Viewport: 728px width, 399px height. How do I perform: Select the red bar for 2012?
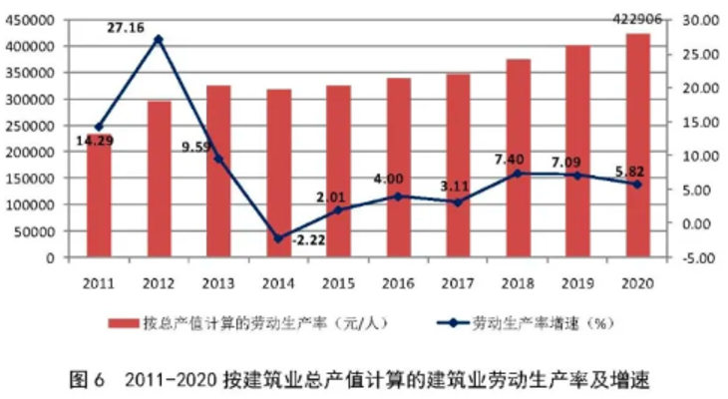click(160, 180)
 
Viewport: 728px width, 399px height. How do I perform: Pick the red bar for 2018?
click(519, 159)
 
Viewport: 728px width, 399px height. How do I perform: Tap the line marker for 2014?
click(279, 238)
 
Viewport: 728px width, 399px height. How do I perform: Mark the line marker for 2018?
click(519, 173)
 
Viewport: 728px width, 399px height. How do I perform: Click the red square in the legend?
click(124, 323)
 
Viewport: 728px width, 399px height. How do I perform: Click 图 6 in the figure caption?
click(88, 380)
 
